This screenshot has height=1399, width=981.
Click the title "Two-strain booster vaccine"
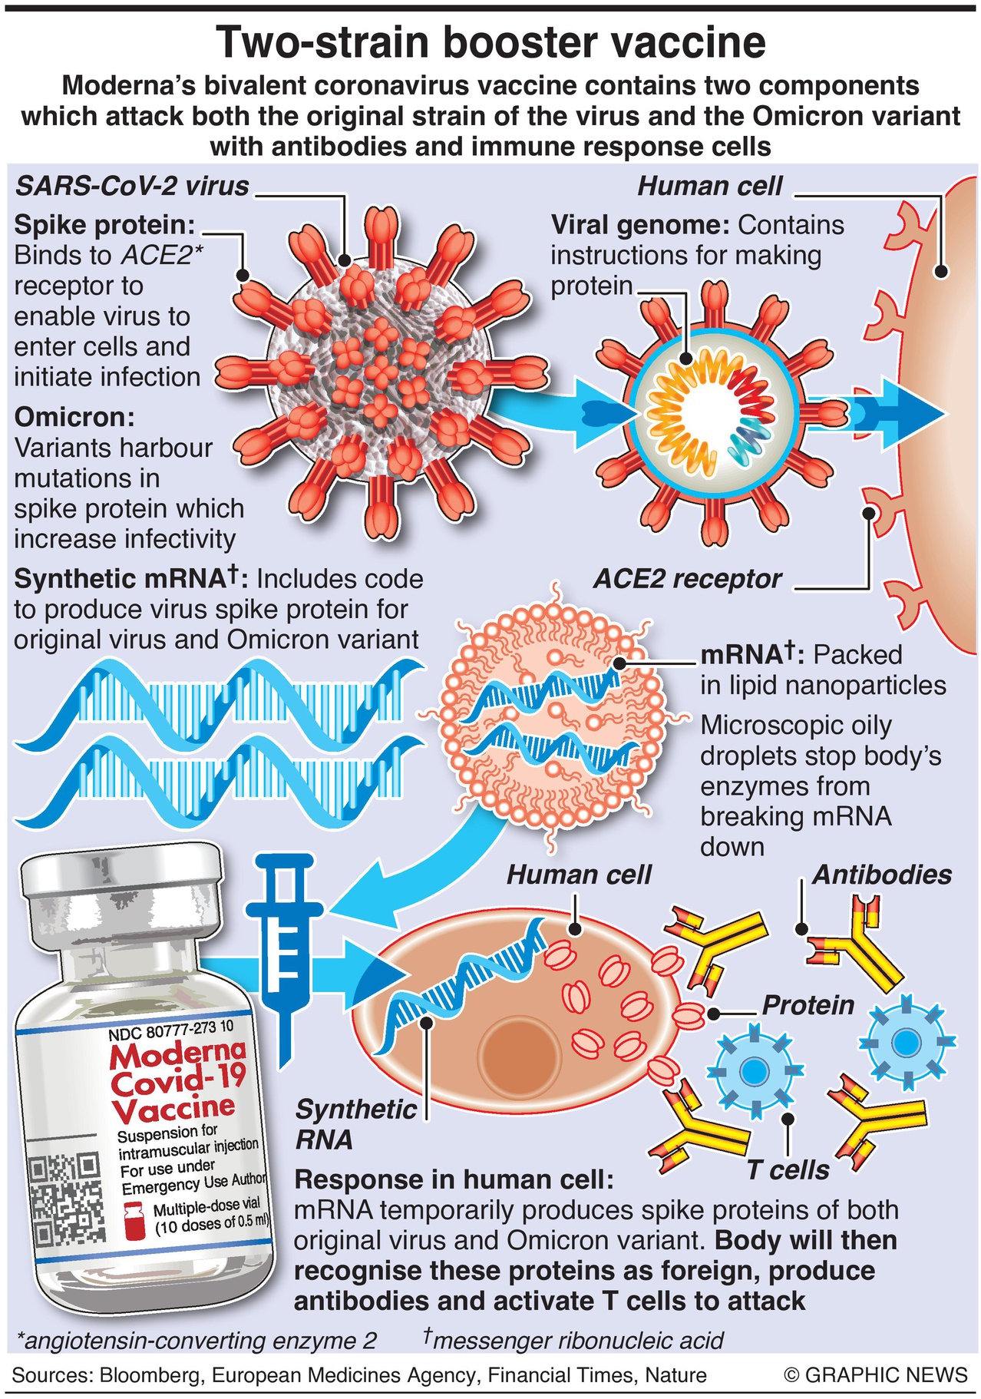(490, 42)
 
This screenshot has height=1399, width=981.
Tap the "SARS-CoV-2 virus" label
(132, 186)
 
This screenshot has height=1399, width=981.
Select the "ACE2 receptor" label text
(687, 578)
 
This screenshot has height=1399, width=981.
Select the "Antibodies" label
(881, 875)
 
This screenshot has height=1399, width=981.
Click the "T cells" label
(788, 1170)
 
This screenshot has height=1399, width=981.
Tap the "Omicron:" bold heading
(74, 417)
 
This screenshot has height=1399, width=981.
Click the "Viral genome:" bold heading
(640, 225)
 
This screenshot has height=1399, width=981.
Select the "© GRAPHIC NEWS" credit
(875, 1374)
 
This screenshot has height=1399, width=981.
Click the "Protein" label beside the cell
(808, 1005)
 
